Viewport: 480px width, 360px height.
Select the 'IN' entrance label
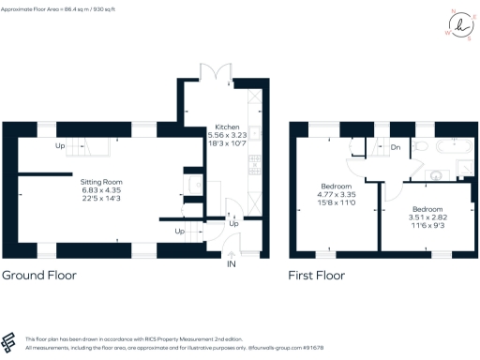tap(232, 263)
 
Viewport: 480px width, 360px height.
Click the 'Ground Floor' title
tap(38, 276)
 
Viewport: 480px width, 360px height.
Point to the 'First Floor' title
tap(317, 276)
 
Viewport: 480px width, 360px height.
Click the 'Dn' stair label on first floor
tap(396, 148)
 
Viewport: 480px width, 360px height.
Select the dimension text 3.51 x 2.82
tap(427, 217)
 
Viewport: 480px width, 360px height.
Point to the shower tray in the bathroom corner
tap(461, 169)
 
